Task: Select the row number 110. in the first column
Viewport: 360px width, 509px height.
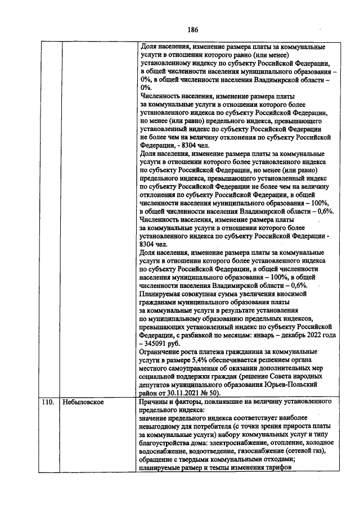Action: [x=48, y=403]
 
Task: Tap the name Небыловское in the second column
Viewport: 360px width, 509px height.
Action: [x=84, y=403]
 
